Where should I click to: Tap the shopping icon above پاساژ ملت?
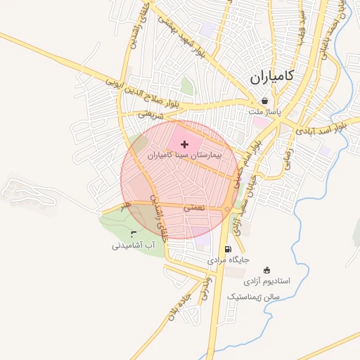[x=264, y=101]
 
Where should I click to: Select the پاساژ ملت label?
[x=264, y=111]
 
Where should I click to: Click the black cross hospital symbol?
[x=185, y=143]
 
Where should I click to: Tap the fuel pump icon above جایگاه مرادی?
[x=226, y=249]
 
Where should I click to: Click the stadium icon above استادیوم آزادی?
[x=266, y=270]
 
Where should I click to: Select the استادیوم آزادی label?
[x=267, y=281]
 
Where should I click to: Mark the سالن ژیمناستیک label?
[x=253, y=297]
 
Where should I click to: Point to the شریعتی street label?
[x=150, y=113]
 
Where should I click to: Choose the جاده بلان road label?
[x=176, y=307]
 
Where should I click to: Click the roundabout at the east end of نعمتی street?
[x=227, y=210]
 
